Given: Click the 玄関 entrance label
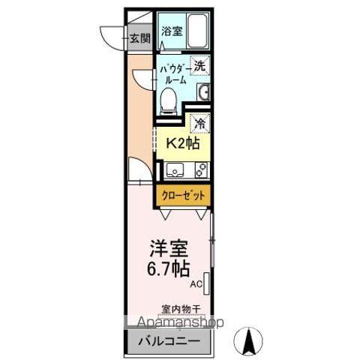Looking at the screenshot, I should click(x=139, y=38).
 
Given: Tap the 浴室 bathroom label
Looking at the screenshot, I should click(x=172, y=31).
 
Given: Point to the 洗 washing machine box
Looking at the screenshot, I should click(x=199, y=65).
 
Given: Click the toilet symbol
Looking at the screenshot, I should click(x=170, y=97).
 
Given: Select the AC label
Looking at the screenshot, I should click(x=195, y=284).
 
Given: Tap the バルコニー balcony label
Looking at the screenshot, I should click(x=169, y=341).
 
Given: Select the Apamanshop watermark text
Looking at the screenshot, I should click(x=176, y=323).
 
